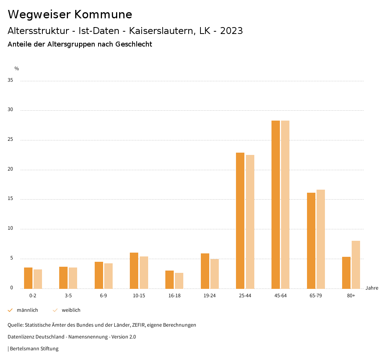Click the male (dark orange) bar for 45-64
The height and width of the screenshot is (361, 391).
click(x=276, y=204)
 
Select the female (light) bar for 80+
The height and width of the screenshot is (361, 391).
click(x=356, y=264)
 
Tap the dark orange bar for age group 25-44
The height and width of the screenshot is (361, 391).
click(x=240, y=221)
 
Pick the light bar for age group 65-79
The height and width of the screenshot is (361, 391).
click(x=321, y=239)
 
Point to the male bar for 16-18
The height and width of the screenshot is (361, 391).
click(x=170, y=279)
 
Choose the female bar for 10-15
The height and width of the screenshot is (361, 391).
click(x=144, y=272)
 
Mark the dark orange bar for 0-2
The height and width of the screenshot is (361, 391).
click(x=28, y=278)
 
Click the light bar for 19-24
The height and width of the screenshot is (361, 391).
click(x=215, y=274)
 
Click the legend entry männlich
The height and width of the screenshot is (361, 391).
click(x=27, y=310)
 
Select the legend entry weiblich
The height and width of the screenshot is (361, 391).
click(x=71, y=310)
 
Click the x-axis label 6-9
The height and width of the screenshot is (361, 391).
click(x=103, y=296)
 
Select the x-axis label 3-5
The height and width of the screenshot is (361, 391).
click(x=68, y=296)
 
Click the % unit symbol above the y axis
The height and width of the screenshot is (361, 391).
click(x=17, y=69)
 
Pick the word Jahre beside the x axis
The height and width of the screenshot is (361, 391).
click(x=372, y=288)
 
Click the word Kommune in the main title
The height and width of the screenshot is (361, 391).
click(x=103, y=15)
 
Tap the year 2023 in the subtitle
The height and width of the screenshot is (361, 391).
click(x=231, y=31)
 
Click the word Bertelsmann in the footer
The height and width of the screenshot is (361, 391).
click(x=24, y=349)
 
